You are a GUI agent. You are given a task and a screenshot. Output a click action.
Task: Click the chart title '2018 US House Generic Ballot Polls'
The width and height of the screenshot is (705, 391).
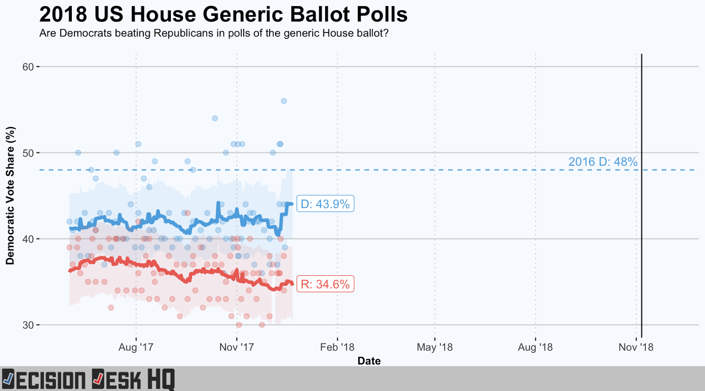223,15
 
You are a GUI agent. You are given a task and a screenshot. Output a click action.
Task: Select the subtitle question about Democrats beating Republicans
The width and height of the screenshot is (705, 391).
214,33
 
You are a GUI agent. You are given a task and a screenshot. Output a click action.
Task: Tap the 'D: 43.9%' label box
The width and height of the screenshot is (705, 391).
325,204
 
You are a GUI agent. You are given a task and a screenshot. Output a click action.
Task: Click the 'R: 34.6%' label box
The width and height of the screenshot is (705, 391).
325,285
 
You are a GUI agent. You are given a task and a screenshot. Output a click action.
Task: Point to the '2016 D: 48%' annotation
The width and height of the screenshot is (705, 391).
602,162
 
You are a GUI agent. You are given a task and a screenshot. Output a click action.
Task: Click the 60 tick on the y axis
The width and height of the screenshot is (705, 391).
28,67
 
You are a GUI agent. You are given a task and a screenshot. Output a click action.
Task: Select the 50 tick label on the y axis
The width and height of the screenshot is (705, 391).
28,153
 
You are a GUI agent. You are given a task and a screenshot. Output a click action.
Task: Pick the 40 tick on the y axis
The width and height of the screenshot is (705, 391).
28,239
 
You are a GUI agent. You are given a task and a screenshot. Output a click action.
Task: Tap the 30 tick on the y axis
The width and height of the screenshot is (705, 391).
28,325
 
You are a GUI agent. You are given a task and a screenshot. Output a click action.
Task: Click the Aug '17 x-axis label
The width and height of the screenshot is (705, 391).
136,347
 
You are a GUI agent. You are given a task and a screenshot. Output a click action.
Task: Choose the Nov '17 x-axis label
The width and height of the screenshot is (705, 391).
237,347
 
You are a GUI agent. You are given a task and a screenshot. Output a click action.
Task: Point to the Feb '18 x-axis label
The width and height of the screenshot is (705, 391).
337,347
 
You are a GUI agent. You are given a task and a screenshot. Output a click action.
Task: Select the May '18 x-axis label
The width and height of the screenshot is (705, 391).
434,347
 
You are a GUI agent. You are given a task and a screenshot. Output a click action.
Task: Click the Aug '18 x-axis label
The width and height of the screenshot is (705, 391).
535,347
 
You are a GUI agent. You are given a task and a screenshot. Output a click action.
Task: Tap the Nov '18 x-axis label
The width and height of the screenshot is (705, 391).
636,347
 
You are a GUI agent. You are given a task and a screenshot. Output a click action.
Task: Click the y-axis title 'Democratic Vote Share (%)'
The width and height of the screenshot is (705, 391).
10,196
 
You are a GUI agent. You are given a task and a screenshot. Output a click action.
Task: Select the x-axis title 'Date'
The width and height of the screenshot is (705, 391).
369,361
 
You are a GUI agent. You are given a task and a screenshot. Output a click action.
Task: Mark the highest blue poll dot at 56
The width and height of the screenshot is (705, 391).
284,101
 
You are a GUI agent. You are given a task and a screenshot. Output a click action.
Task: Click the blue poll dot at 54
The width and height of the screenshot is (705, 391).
215,118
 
